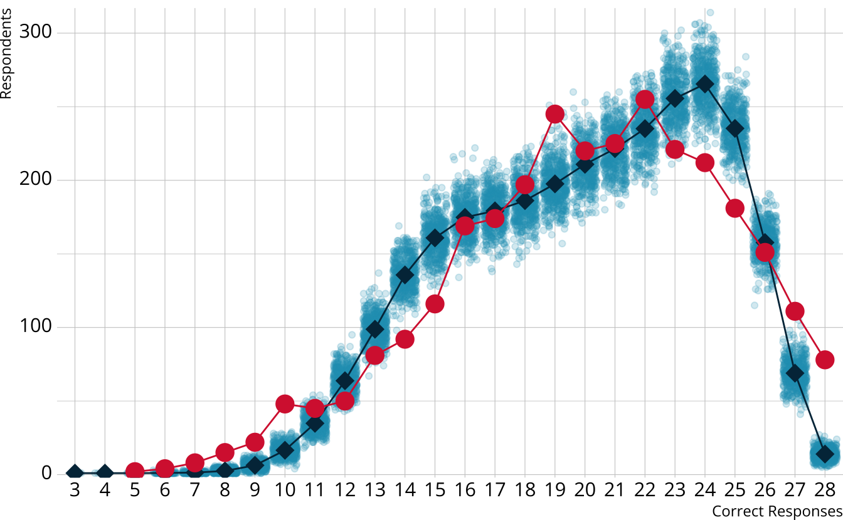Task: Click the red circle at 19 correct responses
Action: pos(554,114)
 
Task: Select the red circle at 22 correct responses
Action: pos(645,100)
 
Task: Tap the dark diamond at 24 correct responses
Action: pos(705,84)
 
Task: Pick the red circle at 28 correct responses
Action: pos(825,360)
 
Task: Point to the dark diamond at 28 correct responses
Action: pos(825,454)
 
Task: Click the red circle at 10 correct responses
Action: pos(285,404)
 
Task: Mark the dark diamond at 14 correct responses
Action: pos(405,275)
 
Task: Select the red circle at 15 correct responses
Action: pos(435,304)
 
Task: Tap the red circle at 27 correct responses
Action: pos(795,311)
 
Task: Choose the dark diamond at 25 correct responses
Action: pos(735,128)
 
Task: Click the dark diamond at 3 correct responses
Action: pos(75,473)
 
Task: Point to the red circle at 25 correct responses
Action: pos(735,209)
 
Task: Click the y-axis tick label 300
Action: pos(37,33)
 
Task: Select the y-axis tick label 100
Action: pos(37,327)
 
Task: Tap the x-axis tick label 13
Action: pos(374,490)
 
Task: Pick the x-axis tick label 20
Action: pos(585,490)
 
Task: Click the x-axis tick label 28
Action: pos(825,490)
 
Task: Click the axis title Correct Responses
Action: pos(777,511)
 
